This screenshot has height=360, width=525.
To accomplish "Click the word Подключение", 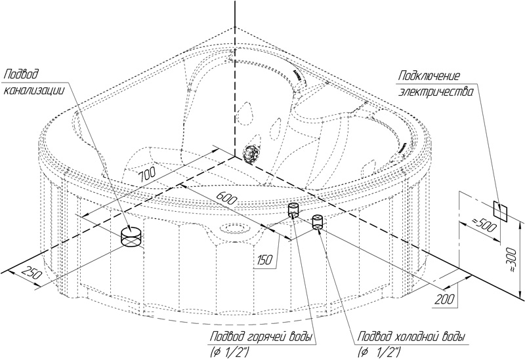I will pyautogui.click(x=429, y=76).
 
